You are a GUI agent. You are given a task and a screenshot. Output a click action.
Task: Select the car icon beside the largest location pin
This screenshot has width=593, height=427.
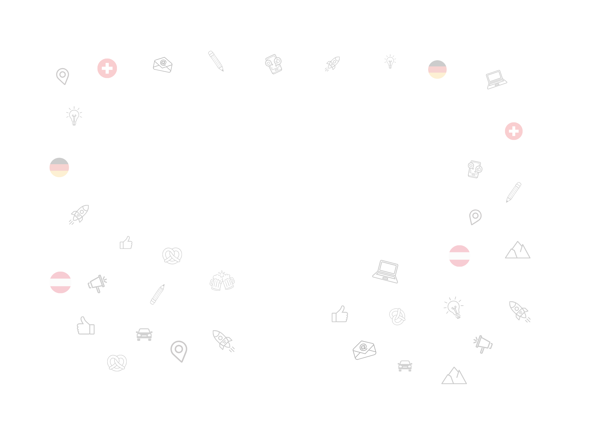pos(144,334)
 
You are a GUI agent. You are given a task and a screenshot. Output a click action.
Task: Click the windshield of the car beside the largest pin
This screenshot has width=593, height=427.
pos(144,331)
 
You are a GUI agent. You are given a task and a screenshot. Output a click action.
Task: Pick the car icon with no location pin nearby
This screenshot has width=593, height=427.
pos(405,366)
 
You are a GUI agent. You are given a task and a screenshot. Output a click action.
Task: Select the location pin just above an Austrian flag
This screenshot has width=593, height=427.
pos(475,217)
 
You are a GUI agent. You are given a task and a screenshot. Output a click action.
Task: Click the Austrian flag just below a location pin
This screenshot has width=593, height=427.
pos(459,256)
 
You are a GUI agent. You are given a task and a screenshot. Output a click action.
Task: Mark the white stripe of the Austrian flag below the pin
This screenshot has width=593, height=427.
pos(459,256)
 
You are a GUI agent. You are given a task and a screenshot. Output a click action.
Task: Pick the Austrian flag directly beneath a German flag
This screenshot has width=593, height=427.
pos(60,282)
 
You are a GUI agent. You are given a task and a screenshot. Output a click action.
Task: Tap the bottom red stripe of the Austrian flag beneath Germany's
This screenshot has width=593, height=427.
pos(60,289)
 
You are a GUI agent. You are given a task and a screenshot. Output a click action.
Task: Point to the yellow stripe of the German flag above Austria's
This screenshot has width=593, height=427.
pos(59,174)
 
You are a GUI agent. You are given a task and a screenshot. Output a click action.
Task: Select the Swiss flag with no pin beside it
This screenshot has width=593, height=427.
pos(514,131)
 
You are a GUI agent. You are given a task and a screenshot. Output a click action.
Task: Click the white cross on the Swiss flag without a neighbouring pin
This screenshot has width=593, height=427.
pos(514,131)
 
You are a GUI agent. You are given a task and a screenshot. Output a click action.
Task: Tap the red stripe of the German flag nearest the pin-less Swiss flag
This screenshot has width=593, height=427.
pos(437,70)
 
